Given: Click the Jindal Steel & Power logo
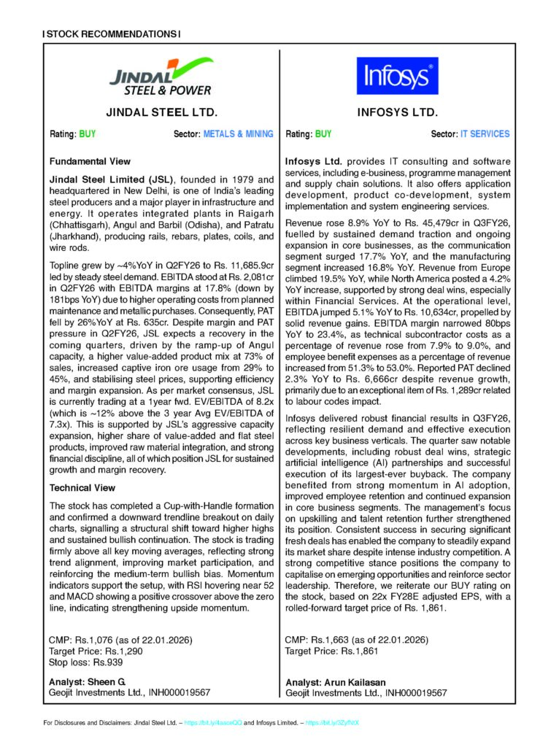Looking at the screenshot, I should click(x=160, y=76).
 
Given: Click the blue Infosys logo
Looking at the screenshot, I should click(x=398, y=75).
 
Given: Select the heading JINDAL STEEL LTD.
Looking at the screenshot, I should click(x=161, y=113).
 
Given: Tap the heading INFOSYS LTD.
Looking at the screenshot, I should click(x=398, y=113).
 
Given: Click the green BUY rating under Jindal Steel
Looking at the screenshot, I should click(x=88, y=134).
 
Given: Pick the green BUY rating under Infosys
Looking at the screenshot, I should click(x=323, y=134).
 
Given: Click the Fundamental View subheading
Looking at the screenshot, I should click(x=90, y=161).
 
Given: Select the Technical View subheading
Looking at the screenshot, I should click(x=82, y=487).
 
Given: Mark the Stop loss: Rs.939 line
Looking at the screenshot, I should click(x=85, y=662).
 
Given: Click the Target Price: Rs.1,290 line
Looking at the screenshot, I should click(x=96, y=651).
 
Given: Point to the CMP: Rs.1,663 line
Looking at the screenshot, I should click(x=355, y=640).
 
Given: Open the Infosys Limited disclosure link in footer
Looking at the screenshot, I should click(x=333, y=722).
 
